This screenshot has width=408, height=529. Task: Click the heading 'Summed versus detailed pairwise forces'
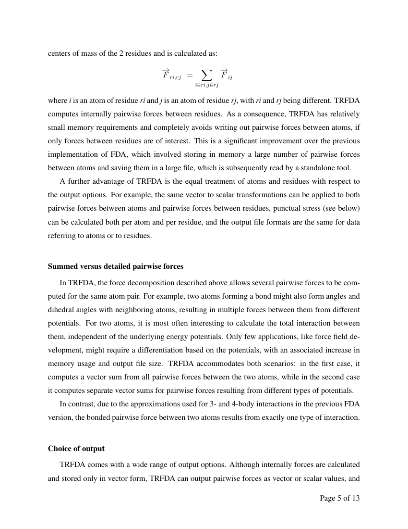[116, 266]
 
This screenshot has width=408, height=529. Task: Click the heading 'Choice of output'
[76, 448]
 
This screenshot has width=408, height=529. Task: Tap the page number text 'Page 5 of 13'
[339, 498]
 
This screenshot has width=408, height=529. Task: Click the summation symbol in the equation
[206, 75]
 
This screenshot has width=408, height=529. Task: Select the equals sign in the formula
[190, 76]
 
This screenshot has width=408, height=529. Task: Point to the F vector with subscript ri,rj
[171, 75]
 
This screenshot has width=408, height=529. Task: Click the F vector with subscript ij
[226, 75]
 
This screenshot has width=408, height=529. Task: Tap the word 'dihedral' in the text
[61, 309]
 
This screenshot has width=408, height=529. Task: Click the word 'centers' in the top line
[59, 53]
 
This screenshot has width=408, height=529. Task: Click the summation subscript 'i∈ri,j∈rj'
[206, 86]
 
